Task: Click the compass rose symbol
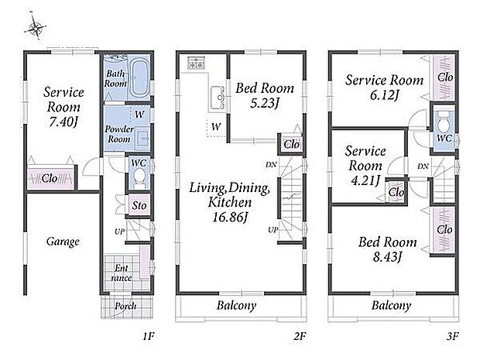coord(36,27)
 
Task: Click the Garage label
coord(63,242)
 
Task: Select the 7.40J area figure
coord(63,122)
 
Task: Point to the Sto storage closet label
coord(139,205)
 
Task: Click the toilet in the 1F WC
coord(139,178)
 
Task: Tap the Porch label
coord(125,306)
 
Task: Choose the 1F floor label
coord(149,337)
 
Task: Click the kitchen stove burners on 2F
coord(196,64)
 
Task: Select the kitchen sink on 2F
coord(218,98)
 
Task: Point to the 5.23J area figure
coord(265,103)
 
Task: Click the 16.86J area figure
coord(230,217)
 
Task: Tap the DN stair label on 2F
coord(271,165)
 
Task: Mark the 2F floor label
coord(300,337)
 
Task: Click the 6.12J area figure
coord(385,95)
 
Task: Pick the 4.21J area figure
coord(365,180)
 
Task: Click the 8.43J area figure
coord(387,256)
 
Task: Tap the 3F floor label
coord(452,337)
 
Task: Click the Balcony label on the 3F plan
coord(391,305)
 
